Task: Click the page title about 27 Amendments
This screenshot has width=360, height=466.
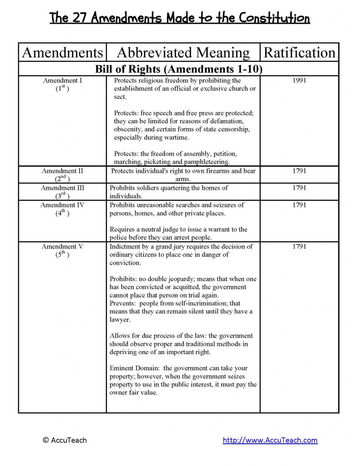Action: (179, 18)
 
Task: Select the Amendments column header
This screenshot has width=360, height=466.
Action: (62, 53)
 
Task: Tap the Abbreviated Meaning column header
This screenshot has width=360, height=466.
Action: (183, 53)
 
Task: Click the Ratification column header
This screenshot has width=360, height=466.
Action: (299, 53)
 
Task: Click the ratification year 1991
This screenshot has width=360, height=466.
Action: (299, 81)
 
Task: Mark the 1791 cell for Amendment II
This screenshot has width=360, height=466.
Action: (299, 171)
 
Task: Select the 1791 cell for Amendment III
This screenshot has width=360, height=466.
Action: (299, 187)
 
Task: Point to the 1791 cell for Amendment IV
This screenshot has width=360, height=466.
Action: (299, 205)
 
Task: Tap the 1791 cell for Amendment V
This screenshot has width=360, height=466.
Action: (299, 247)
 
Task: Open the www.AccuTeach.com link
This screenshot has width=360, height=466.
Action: (270, 440)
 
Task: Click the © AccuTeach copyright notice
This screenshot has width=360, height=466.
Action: (64, 440)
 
